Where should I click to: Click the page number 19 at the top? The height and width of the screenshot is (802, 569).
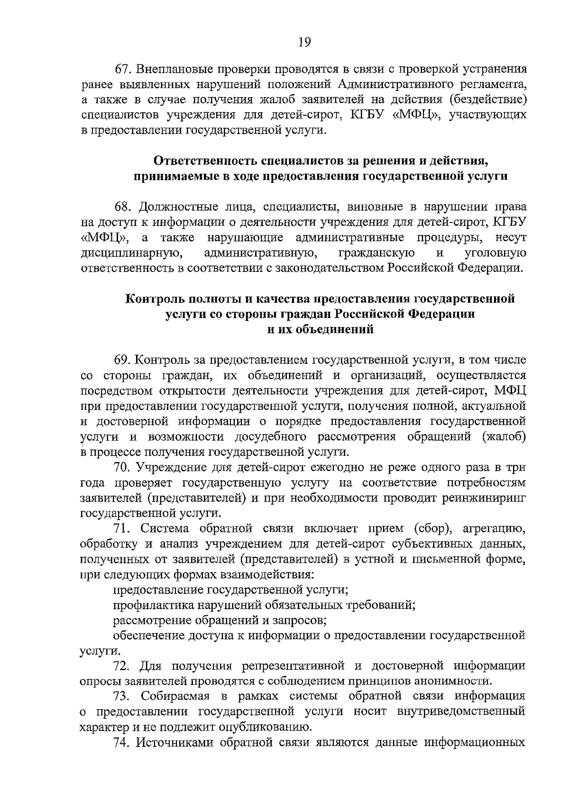click(x=304, y=43)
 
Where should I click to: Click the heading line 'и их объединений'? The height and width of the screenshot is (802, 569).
click(x=320, y=330)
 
